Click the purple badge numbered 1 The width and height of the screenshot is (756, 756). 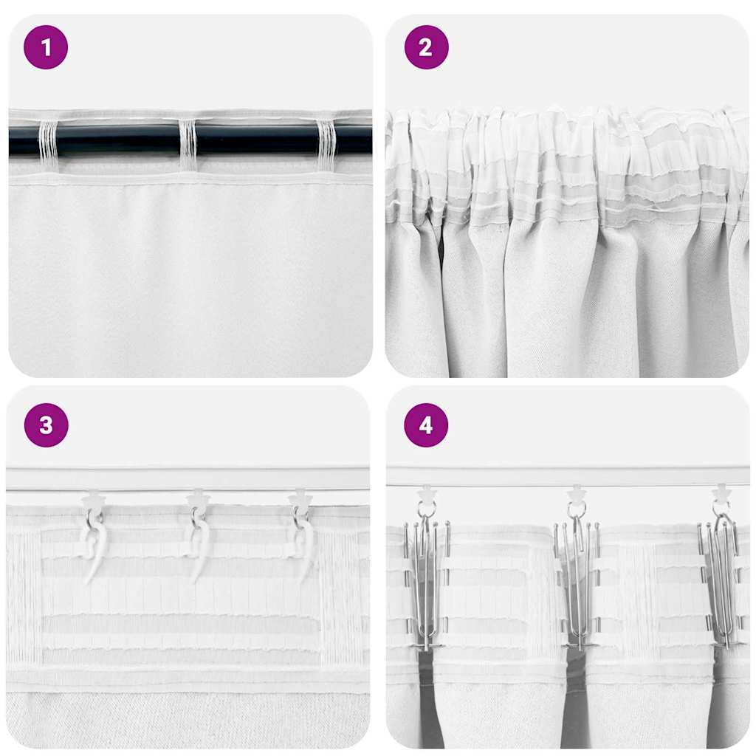pyautogui.click(x=46, y=47)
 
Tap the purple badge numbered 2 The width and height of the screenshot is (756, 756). pyautogui.click(x=426, y=47)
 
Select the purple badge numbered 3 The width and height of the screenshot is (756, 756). pyautogui.click(x=46, y=425)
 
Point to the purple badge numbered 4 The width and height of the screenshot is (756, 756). pyautogui.click(x=426, y=425)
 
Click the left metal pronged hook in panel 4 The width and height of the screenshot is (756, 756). pyautogui.click(x=426, y=583)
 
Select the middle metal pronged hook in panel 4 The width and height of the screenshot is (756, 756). pyautogui.click(x=577, y=583)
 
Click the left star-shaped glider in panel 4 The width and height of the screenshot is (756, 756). pyautogui.click(x=426, y=493)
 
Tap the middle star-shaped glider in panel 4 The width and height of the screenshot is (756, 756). pyautogui.click(x=576, y=493)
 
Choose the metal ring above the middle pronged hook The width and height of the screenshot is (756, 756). pyautogui.click(x=576, y=510)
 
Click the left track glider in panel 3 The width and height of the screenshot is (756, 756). pyautogui.click(x=94, y=500)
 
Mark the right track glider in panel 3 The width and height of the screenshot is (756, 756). pyautogui.click(x=300, y=500)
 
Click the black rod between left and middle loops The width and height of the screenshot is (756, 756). pyautogui.click(x=118, y=140)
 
